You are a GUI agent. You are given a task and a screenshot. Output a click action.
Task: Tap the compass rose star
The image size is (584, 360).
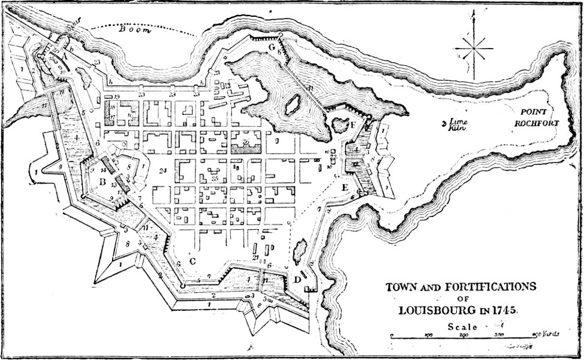(x=474, y=47)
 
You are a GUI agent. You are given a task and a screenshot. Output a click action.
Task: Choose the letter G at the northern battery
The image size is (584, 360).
(x=272, y=47)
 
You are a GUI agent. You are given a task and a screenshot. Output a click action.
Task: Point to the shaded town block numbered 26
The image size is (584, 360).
(x=246, y=142)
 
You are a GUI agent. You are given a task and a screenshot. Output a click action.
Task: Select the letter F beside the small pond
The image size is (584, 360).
(x=354, y=125)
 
